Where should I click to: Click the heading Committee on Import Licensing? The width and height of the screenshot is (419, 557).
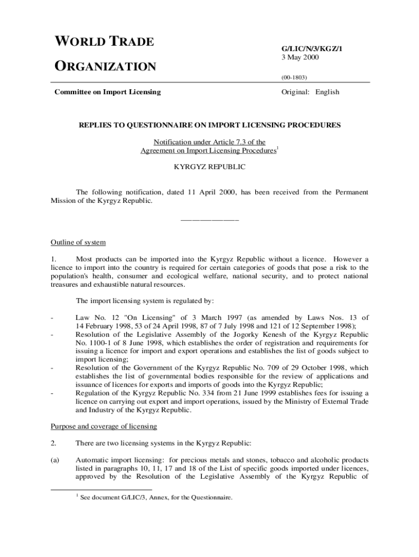point(108,92)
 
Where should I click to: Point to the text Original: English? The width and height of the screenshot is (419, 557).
point(310,92)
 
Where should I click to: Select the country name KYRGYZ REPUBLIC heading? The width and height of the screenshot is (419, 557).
point(209,167)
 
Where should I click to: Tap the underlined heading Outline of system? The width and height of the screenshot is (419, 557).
point(78,242)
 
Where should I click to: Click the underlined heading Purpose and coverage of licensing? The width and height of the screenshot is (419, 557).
point(104,426)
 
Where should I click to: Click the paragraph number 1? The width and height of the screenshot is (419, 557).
point(53,259)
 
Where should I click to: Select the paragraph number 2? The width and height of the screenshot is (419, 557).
point(53,443)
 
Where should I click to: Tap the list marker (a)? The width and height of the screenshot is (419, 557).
point(55,460)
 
